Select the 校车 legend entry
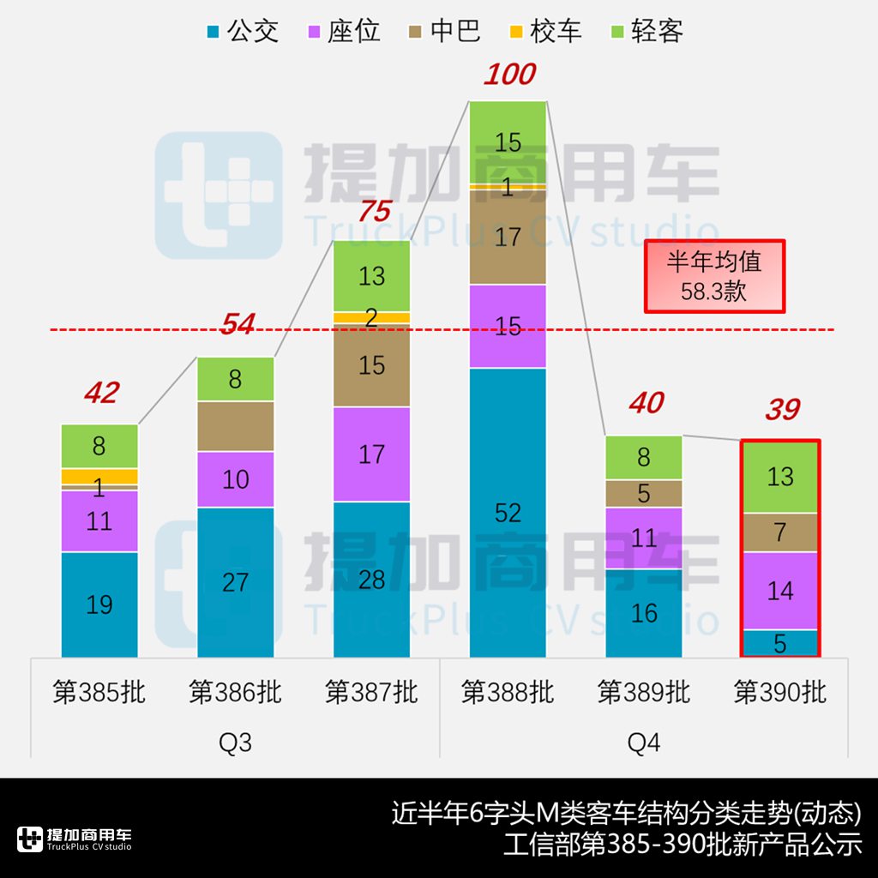(545, 32)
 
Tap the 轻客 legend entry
(646, 32)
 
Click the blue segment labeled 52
(508, 512)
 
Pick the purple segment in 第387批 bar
(371, 454)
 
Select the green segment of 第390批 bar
(780, 477)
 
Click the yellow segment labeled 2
(371, 317)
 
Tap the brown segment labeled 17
(508, 237)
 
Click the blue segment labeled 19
(99, 604)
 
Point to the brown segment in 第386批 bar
(236, 426)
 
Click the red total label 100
(509, 75)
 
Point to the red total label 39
(781, 410)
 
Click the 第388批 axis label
(508, 692)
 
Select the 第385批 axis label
(99, 692)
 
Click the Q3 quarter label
(235, 742)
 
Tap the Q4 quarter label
(643, 742)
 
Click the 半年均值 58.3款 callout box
(714, 275)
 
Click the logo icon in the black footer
(30, 839)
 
